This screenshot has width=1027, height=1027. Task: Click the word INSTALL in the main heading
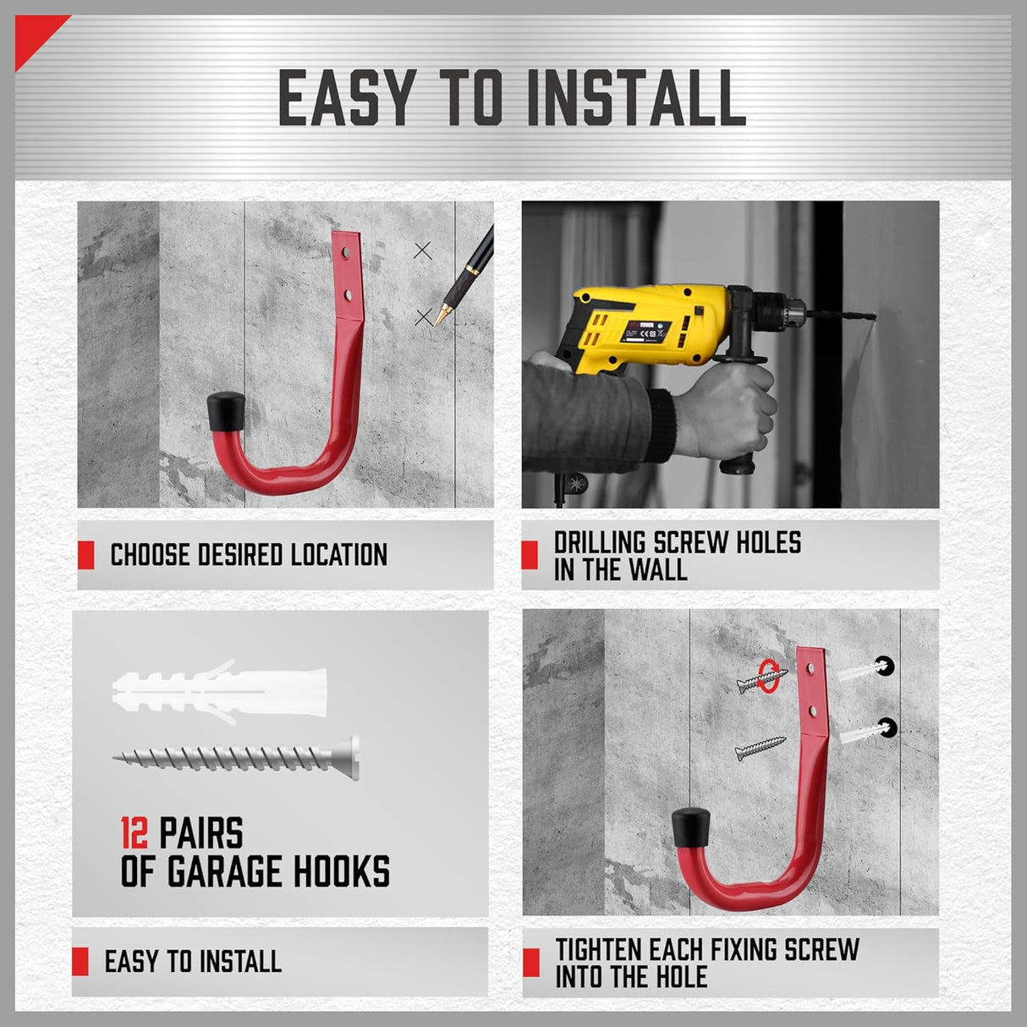click(635, 98)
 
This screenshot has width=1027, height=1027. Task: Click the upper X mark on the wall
click(423, 250)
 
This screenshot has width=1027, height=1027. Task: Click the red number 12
click(134, 834)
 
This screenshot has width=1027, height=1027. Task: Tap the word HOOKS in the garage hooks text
click(338, 872)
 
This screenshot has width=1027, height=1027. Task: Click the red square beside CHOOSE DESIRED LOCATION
click(85, 555)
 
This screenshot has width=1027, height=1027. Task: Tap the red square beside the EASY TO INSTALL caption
click(80, 961)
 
